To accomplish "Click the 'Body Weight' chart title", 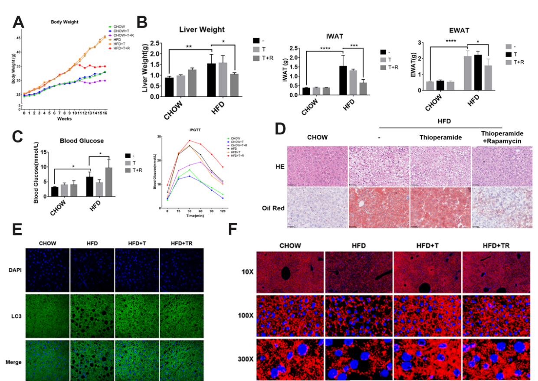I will (x=64, y=22).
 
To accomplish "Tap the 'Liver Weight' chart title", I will (x=202, y=29).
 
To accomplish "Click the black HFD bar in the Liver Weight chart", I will (x=211, y=80).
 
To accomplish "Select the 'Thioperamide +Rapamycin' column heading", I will (x=502, y=137).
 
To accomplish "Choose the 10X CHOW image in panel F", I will (x=290, y=272).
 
